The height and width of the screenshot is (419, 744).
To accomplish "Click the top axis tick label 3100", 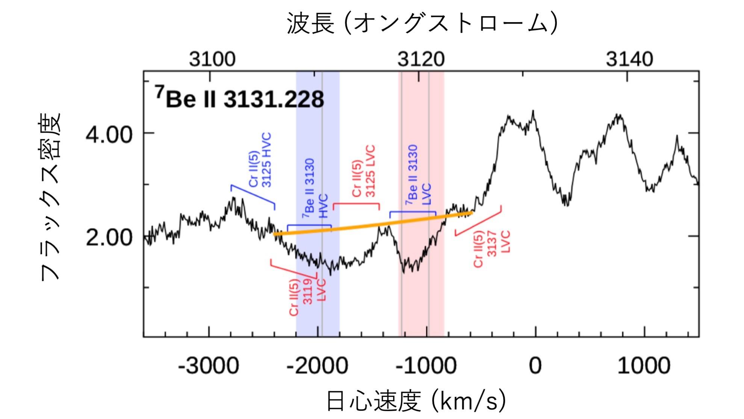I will [x=212, y=59].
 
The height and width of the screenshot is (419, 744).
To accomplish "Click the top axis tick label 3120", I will [x=421, y=59].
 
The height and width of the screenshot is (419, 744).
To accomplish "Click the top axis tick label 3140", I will [x=629, y=59].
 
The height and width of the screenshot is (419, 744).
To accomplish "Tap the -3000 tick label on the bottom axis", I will [x=209, y=366].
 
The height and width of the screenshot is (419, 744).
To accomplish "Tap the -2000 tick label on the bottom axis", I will [x=318, y=366].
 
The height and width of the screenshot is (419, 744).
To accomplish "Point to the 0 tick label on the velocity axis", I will [x=535, y=366].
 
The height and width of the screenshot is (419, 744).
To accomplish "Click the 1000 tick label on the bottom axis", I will [x=644, y=366].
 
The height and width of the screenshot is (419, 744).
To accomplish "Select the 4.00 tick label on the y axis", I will [x=109, y=135].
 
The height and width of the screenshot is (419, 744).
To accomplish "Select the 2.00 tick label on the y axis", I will [x=109, y=238].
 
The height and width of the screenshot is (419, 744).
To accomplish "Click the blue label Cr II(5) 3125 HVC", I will [x=260, y=160].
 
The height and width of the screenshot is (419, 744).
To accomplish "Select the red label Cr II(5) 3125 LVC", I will [x=363, y=171].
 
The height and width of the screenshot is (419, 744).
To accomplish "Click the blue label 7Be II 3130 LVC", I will [x=418, y=175].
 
